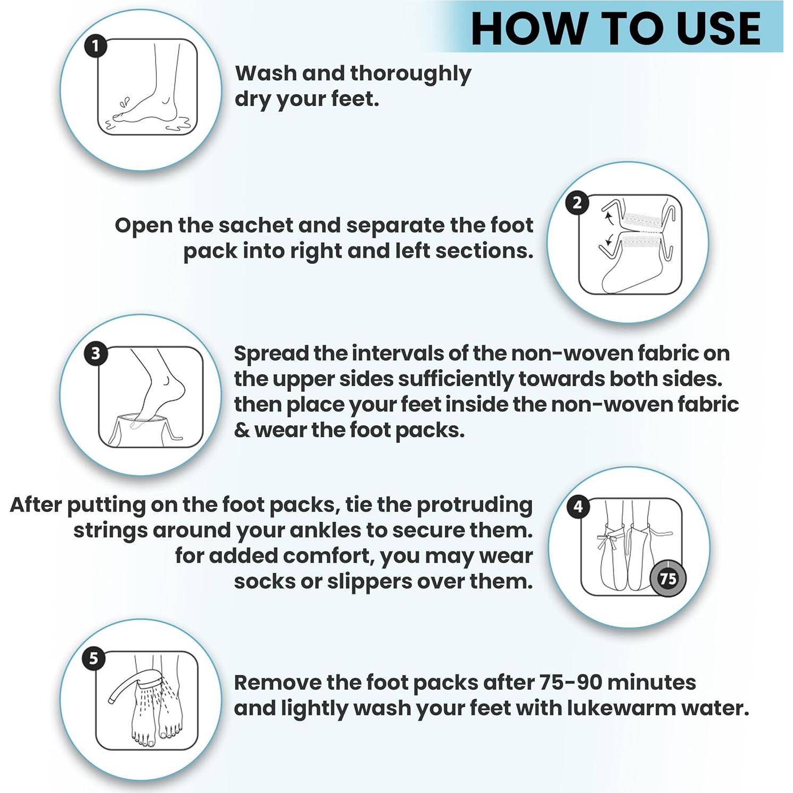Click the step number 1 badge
tap(96, 46)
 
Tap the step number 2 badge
tap(577, 203)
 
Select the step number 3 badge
tap(96, 354)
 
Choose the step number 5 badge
tap(94, 659)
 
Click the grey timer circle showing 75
tap(668, 578)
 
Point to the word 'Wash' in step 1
tap(265, 73)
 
